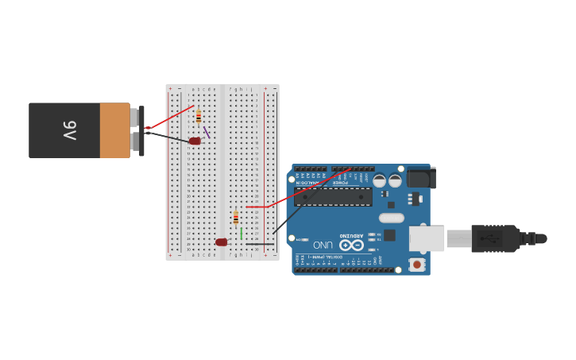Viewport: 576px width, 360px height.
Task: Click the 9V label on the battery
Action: (x=69, y=130)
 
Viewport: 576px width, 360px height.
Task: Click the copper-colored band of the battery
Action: (x=115, y=130)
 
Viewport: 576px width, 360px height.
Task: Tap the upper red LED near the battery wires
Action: (x=195, y=141)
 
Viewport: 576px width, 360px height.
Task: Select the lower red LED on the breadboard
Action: (x=221, y=242)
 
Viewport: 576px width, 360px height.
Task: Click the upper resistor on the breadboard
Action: (x=199, y=116)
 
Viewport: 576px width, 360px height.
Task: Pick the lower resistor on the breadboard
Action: (x=236, y=217)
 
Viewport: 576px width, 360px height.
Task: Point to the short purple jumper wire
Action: (x=207, y=132)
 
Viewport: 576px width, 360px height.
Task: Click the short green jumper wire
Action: (x=242, y=234)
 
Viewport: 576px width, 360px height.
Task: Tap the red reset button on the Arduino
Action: (x=416, y=264)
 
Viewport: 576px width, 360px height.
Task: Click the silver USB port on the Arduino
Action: (x=427, y=238)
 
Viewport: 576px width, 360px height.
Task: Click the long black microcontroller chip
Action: (x=333, y=196)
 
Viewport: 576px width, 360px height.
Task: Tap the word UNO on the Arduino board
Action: (x=323, y=245)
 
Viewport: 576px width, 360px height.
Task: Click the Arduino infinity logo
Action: (x=351, y=244)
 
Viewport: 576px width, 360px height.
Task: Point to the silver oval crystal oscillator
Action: (x=392, y=218)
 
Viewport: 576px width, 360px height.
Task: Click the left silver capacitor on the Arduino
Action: (x=380, y=180)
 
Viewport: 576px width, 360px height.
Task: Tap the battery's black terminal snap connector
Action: (x=141, y=130)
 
